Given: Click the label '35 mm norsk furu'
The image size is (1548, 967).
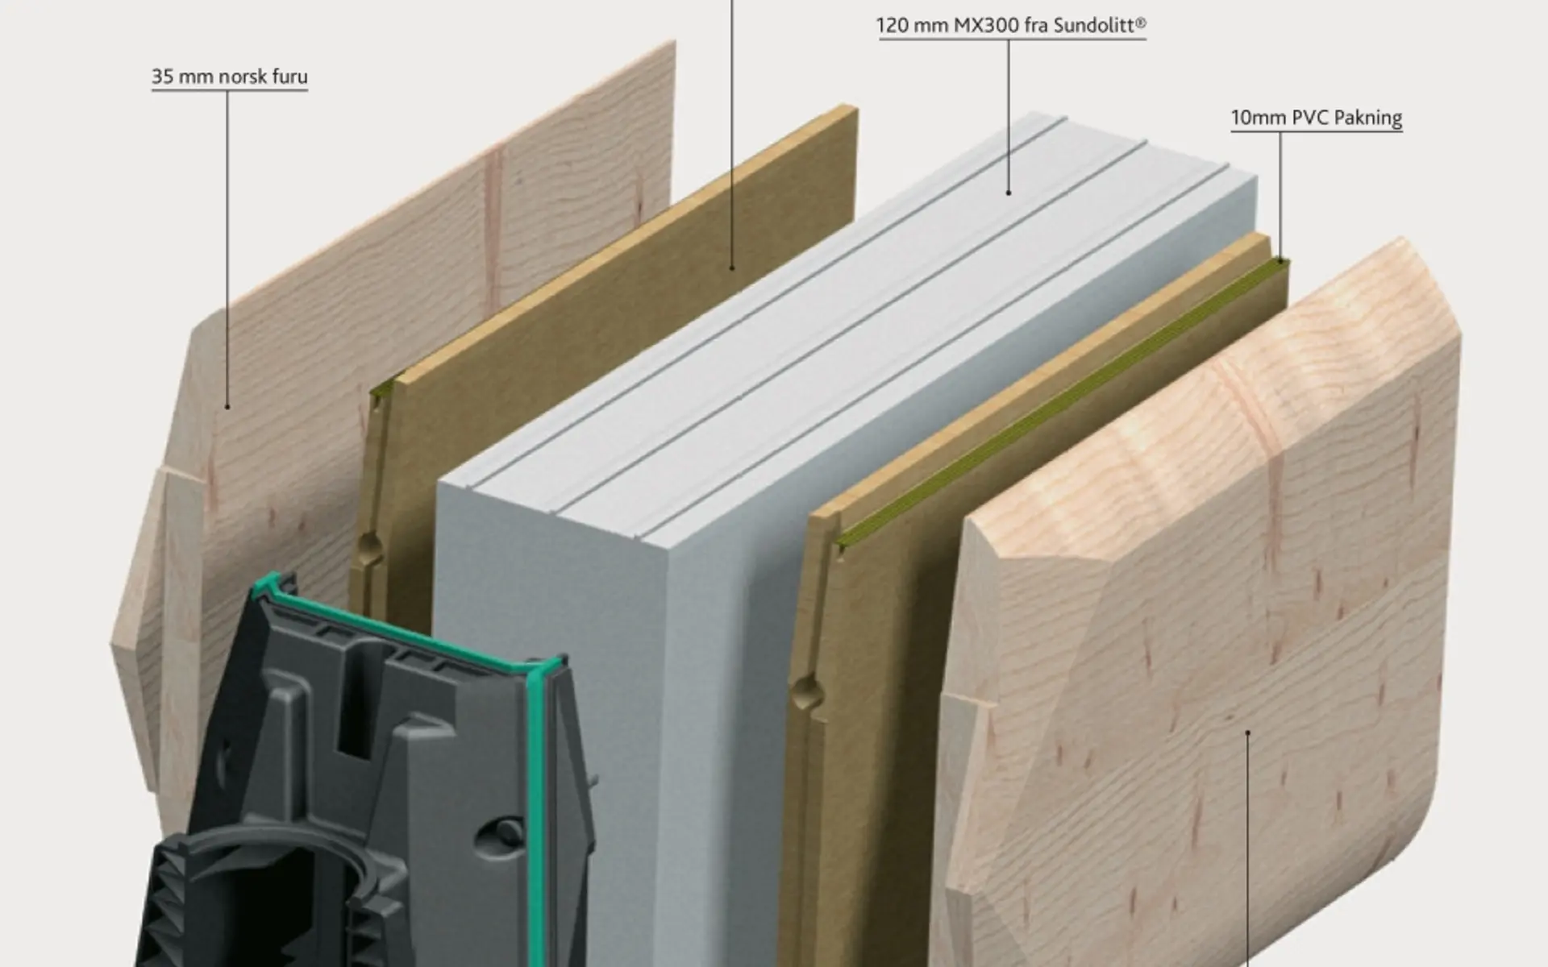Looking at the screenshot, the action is (230, 77).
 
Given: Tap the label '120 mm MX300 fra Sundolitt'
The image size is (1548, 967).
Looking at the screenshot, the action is (1012, 26).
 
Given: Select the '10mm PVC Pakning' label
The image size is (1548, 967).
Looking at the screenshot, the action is (1317, 118).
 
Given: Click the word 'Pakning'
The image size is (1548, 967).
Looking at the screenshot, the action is (1368, 118).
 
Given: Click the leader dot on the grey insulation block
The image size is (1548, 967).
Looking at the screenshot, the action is (1009, 193).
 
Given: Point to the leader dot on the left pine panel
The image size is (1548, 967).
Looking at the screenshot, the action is (227, 406).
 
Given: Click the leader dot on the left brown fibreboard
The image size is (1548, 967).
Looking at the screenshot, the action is (732, 268).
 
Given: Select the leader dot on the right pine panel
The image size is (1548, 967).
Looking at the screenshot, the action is (1248, 733).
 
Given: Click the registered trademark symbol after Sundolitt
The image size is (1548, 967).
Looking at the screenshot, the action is (1141, 22).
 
